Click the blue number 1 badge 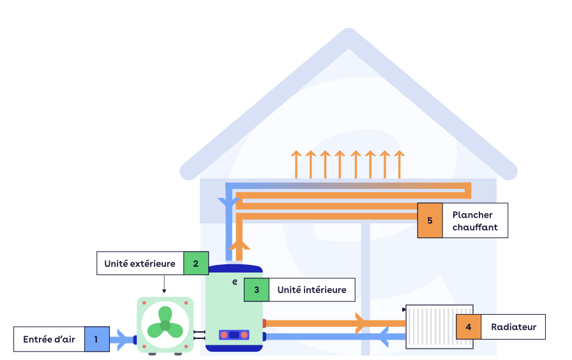pos(96,340)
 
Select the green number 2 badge pos(196,263)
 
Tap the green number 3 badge pos(257,290)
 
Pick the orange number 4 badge pos(469,327)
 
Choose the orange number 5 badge pos(430,221)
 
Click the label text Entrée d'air pos(49,340)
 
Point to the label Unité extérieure pos(140,263)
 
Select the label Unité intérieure pos(312,290)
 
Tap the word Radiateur pos(513,327)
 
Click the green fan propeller pos(165,322)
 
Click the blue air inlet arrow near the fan pos(119,340)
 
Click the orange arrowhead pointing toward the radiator pos(361,323)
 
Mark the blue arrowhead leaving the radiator pos(385,337)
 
